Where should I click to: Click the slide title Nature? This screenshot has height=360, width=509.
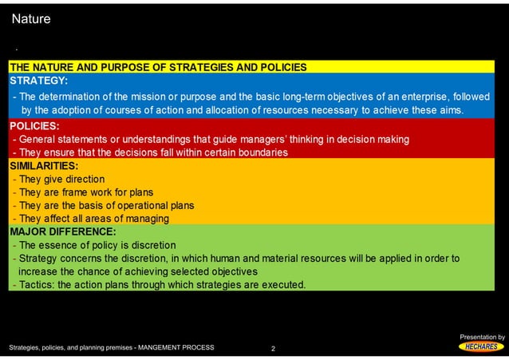point(31,18)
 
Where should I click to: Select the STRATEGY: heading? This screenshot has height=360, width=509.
point(38,81)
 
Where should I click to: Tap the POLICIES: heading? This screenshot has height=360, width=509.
point(35,125)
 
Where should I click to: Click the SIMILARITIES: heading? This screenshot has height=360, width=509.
point(44,166)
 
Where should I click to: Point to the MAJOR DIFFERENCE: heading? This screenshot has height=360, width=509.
point(62,232)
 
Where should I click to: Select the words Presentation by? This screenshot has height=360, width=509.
point(481,338)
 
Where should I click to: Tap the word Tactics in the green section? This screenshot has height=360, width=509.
point(35,285)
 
